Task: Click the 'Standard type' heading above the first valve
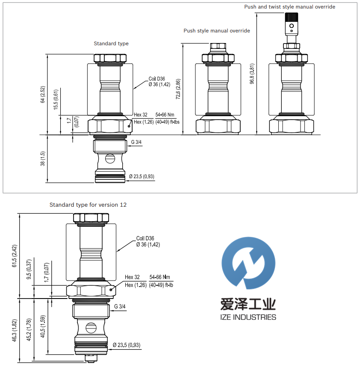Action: (111, 44)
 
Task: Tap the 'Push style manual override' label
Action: (217, 31)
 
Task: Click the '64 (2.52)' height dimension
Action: (43, 94)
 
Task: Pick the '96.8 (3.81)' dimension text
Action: (252, 73)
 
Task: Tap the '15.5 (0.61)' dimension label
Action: (56, 100)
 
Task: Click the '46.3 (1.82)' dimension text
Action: (15, 331)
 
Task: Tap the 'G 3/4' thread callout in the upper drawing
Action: (137, 142)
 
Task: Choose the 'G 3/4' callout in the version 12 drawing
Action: (120, 306)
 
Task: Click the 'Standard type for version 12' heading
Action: (88, 205)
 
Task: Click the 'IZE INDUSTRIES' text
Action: (248, 317)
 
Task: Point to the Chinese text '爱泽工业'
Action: (248, 304)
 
